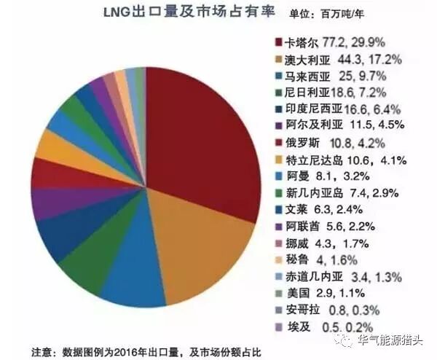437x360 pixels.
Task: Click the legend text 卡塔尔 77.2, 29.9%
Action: pyautogui.click(x=340, y=42)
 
